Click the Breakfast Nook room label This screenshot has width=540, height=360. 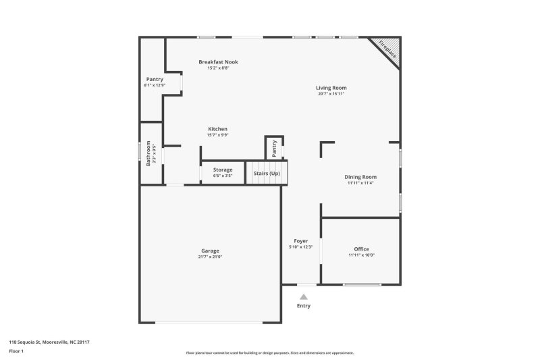coord(218,62)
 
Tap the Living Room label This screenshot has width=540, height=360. coord(331,88)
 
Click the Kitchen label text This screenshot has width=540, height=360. coord(217,129)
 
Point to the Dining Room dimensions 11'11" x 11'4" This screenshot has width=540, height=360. coord(361,183)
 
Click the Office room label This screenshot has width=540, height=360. coord(361,249)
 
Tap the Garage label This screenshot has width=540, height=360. coord(210,251)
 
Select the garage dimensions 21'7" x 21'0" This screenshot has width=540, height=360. coord(210,257)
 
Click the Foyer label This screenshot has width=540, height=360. coord(300,241)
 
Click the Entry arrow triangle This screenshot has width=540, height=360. coord(304,297)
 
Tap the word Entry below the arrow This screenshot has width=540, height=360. coord(304,306)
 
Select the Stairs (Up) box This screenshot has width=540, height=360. coord(267,174)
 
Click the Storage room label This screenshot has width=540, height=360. coord(223,170)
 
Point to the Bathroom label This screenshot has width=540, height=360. coord(148,153)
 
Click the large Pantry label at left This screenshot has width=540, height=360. coord(155,79)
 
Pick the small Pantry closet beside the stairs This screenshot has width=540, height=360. coord(275,148)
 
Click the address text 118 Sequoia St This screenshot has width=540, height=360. coord(49,342)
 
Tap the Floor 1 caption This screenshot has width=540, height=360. coord(16,351)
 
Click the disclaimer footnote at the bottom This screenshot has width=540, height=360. coord(270,353)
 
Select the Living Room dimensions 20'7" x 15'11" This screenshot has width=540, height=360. coord(331,94)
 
